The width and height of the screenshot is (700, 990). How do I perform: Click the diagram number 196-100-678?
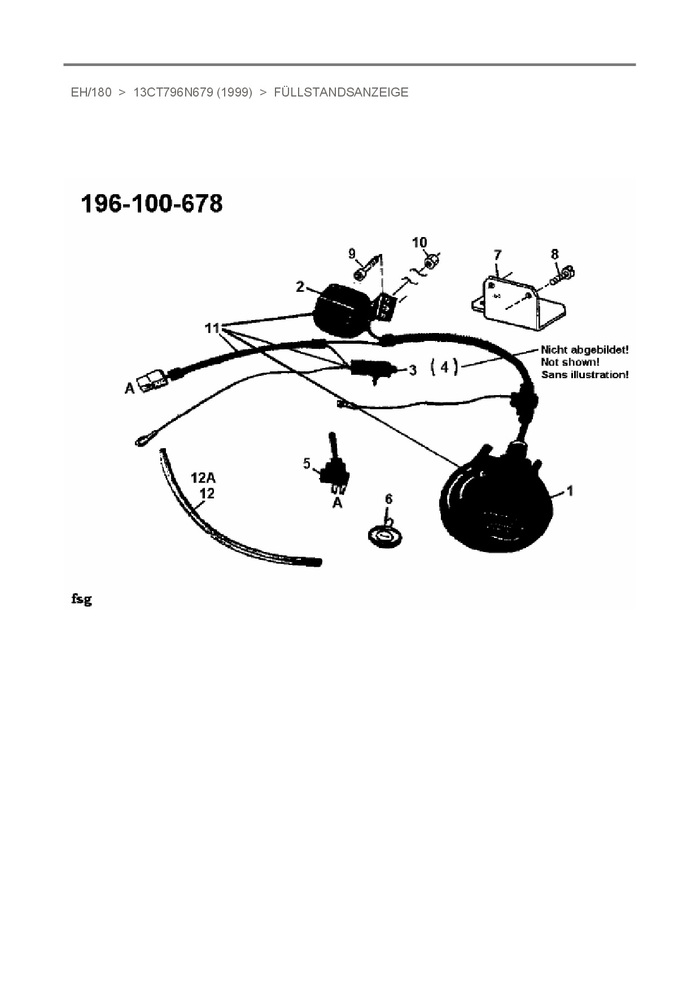pos(152,204)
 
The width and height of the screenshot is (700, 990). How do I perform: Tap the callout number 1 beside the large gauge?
pos(570,491)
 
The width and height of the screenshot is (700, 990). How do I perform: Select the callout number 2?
pos(300,287)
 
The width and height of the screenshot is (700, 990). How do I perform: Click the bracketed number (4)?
pos(445,367)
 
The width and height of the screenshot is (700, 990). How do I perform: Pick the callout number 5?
pos(307,463)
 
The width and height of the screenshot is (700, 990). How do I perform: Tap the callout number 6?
pos(388,499)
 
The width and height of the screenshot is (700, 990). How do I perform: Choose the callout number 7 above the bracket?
pos(497,255)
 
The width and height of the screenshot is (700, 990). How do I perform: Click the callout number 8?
pos(554,255)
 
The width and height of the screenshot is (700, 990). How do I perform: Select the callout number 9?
pos(352,253)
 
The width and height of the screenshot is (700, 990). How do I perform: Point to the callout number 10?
pos(419,242)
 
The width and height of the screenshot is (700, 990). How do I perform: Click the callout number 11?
pos(212,327)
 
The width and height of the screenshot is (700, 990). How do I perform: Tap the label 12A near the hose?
pos(203,478)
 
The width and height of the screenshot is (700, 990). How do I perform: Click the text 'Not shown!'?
pos(570,362)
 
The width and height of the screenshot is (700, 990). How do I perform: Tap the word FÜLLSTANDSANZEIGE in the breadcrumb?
pos(341,93)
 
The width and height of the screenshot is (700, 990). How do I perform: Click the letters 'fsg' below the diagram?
pos(81,599)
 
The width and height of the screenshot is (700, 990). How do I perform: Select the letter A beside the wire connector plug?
pos(130,388)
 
